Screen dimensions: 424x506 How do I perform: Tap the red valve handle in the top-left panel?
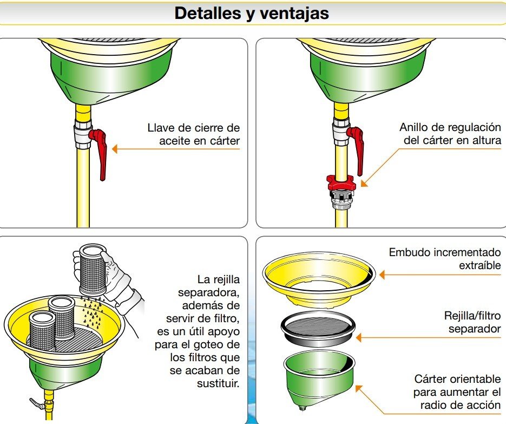pyautogui.click(x=100, y=151)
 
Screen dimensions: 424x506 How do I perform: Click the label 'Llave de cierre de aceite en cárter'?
pyautogui.click(x=193, y=134)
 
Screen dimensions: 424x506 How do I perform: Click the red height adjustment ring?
pyautogui.click(x=340, y=182)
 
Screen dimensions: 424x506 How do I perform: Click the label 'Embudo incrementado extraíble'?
pyautogui.click(x=445, y=259)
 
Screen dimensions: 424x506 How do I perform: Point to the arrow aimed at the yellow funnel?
pyautogui.click(x=433, y=275)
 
